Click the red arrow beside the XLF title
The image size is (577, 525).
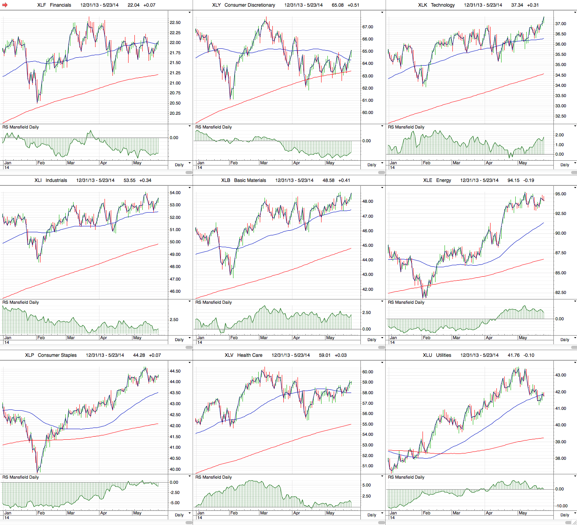5,5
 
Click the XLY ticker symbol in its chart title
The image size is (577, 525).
216,5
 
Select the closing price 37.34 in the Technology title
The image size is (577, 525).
517,5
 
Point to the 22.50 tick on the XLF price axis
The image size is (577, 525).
175,22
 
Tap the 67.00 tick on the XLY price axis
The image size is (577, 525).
368,27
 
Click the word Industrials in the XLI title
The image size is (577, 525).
56,180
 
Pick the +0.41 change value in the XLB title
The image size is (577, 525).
344,180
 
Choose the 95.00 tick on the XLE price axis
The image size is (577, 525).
560,194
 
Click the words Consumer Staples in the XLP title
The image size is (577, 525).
57,355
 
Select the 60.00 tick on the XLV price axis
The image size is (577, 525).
368,372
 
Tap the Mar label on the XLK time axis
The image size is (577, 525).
456,163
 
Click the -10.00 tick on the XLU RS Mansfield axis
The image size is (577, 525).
561,506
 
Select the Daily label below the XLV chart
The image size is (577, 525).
372,515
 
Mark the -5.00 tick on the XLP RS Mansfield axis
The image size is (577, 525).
175,503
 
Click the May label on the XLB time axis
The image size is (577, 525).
330,338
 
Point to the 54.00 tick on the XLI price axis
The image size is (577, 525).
175,193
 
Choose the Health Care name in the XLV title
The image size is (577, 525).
250,355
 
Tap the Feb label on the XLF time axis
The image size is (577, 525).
41,163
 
